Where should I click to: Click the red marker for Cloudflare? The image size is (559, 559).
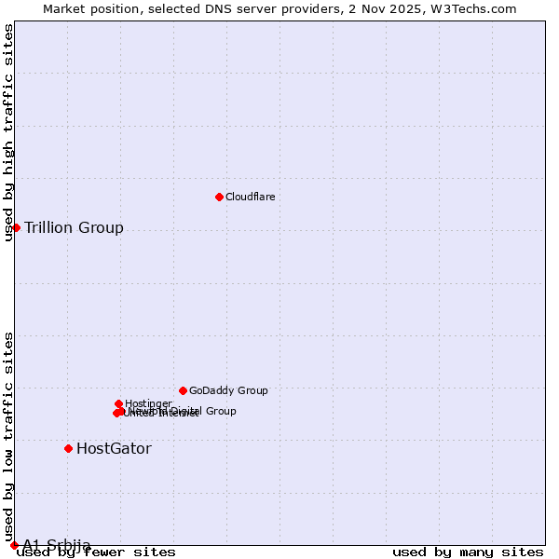pos(219,197)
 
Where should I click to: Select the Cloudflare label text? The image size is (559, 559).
pos(251,197)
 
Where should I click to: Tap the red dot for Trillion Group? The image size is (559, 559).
pos(17,227)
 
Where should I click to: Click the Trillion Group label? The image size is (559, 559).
pos(74,227)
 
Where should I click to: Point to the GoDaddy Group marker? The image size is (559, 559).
pos(183,390)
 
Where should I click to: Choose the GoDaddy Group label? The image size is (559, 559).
pos(228,390)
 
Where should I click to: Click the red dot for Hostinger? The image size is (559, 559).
pos(119,403)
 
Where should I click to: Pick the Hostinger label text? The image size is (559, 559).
pos(148,403)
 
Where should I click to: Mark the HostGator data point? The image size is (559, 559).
pos(68,448)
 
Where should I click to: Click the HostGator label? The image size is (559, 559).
pos(114,448)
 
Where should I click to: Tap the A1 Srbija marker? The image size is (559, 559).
pos(14,545)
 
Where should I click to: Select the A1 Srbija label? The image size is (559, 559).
pos(57,545)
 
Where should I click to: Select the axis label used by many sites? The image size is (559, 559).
pos(468,552)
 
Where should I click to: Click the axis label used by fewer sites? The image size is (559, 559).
pos(96,552)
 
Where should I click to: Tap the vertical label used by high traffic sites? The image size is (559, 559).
pos(8,133)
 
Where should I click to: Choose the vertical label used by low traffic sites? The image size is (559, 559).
pos(8,436)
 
